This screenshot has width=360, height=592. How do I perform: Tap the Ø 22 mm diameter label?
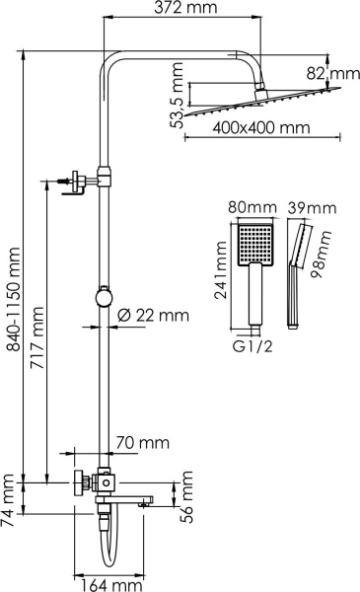152,315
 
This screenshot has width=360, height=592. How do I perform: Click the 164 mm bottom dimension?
108,584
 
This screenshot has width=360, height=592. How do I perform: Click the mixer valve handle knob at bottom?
77,483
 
